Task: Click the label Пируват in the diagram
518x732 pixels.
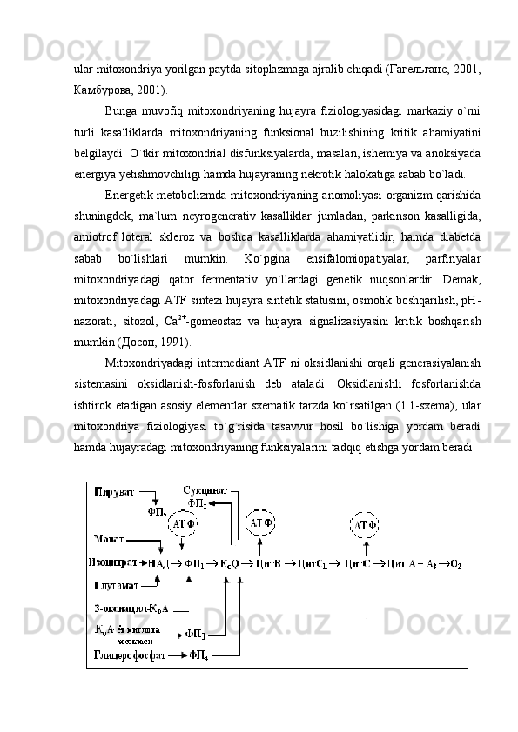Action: [x=114, y=492]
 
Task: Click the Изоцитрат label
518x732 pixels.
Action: [x=117, y=563]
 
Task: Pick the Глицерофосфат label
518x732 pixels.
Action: [x=129, y=655]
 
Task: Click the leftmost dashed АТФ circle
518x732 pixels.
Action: [x=183, y=524]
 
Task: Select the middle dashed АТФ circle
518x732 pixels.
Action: [x=263, y=522]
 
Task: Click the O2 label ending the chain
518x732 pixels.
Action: [x=455, y=563]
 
